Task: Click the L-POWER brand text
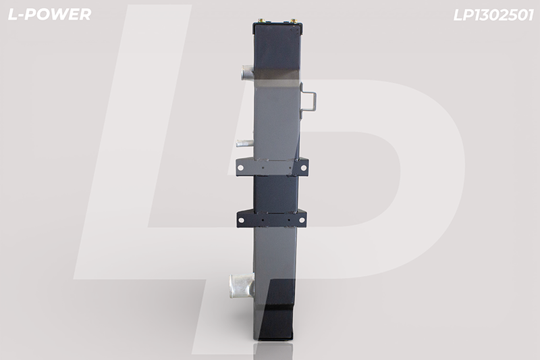(49, 14)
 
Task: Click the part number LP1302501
(493, 15)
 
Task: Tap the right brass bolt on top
(294, 22)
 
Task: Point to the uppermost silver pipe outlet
(247, 72)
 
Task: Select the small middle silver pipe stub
(244, 143)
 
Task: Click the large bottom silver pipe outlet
(242, 284)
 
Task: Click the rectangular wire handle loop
(308, 101)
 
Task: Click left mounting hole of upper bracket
(240, 168)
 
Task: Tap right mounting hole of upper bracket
(303, 168)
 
